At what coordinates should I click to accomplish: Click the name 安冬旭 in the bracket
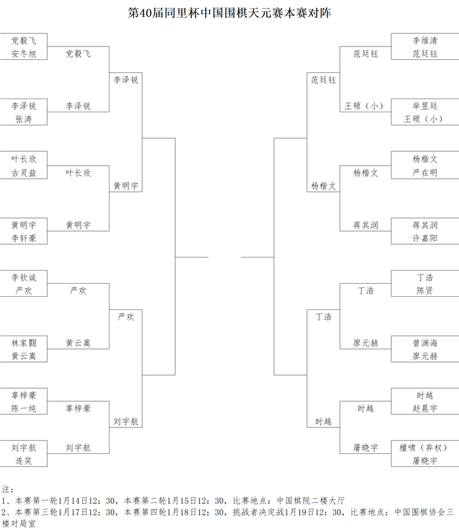(24, 54)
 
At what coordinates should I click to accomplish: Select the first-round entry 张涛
(24, 120)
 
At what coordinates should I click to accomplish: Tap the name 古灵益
(24, 173)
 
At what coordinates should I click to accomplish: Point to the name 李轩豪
(24, 238)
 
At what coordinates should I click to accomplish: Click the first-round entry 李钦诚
(24, 277)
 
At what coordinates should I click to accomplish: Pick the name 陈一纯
(24, 409)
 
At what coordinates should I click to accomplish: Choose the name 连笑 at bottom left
(24, 461)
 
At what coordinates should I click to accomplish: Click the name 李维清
(424, 41)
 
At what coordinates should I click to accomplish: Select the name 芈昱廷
(424, 106)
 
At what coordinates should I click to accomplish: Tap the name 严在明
(424, 173)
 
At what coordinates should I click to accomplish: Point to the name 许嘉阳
(424, 238)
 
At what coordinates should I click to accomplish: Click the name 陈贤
(424, 290)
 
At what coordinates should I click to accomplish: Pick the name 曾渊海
(424, 343)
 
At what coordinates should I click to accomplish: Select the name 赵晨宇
(424, 409)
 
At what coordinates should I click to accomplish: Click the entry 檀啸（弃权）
(424, 448)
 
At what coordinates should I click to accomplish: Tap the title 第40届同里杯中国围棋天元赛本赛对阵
(229, 13)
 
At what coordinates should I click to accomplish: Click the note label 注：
(8, 489)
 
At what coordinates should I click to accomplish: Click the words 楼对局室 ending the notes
(20, 523)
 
